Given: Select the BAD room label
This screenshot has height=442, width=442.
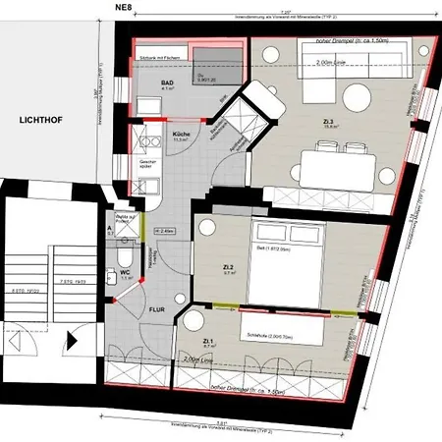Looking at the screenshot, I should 168,83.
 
